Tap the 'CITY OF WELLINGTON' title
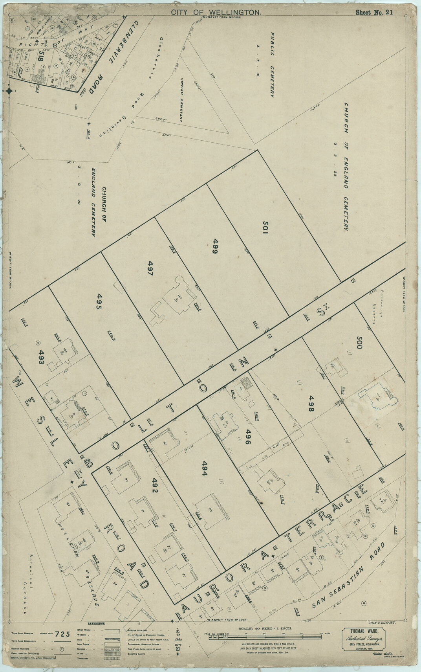pyautogui.click(x=216, y=13)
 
